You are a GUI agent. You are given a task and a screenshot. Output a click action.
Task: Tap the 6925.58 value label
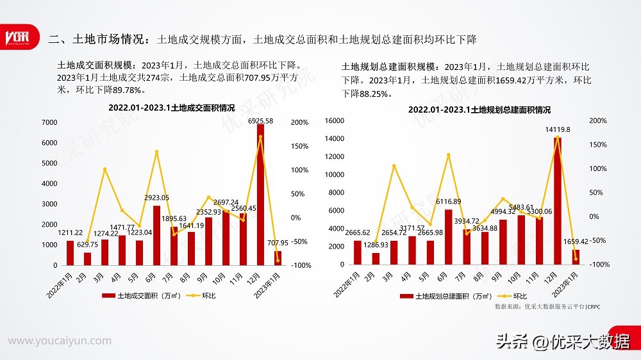260,120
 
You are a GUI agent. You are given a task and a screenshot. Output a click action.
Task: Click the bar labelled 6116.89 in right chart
449,237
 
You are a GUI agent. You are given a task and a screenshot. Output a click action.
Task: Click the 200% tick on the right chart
598,120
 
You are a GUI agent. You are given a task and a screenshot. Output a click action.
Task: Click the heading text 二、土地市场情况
97,40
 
